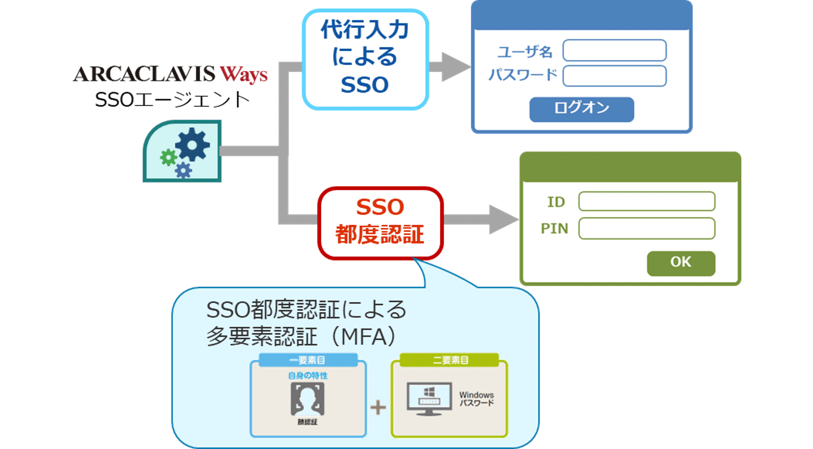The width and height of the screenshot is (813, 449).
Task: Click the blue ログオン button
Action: (581, 109)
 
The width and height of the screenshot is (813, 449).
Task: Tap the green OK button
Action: (680, 262)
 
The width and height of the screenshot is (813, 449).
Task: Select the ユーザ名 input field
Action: (614, 51)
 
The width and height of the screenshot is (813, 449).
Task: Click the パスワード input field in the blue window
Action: (614, 76)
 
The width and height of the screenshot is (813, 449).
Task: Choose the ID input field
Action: (646, 201)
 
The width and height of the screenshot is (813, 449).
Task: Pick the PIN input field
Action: (646, 228)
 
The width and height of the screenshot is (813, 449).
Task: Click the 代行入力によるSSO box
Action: (365, 58)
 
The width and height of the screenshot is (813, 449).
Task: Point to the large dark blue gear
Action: (193, 145)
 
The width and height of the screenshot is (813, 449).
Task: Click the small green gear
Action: (168, 157)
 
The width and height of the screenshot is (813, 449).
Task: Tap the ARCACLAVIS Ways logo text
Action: (170, 74)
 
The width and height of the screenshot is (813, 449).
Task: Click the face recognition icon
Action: (307, 399)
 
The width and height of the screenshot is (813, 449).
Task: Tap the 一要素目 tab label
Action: (307, 361)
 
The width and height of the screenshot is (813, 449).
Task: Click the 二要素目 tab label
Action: (450, 361)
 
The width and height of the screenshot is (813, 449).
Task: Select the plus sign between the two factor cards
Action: (378, 407)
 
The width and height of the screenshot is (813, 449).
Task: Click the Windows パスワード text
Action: (476, 399)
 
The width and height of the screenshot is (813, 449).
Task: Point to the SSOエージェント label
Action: (172, 100)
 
